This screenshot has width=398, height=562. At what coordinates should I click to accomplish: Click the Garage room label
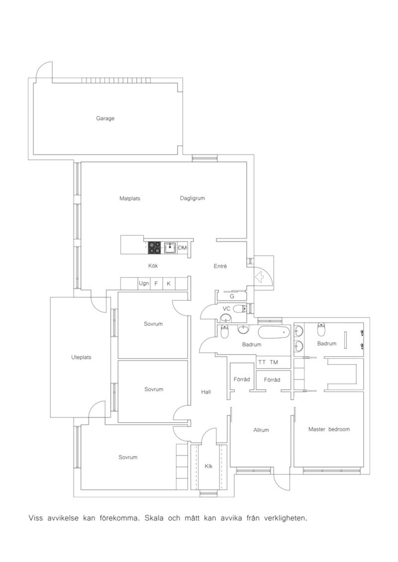click(105, 119)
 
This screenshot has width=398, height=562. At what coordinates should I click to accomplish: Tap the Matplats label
click(130, 198)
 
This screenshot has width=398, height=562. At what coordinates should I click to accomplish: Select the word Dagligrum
click(192, 198)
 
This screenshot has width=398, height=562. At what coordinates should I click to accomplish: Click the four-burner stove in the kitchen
click(154, 248)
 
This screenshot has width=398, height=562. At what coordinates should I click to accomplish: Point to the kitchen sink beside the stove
click(170, 248)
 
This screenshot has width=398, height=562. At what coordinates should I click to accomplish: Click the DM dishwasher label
click(182, 248)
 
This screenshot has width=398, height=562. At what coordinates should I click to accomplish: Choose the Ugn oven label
click(144, 283)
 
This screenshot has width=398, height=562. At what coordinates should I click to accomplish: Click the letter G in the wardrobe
click(232, 296)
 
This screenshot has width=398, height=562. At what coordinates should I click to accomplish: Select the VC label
click(227, 309)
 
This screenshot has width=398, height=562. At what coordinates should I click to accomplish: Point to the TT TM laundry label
click(268, 362)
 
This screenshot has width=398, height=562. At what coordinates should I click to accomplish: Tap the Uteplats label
click(81, 357)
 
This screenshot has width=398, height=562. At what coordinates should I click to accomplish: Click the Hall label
click(206, 392)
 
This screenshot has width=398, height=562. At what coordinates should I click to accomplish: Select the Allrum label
click(261, 430)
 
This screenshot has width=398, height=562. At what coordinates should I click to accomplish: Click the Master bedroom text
click(329, 429)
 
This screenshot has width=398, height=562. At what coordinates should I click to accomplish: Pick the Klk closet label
click(209, 466)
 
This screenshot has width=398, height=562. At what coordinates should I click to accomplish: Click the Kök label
click(153, 266)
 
